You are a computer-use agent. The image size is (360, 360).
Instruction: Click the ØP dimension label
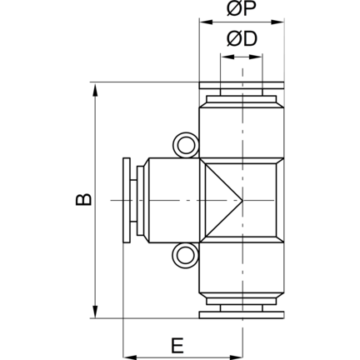point(241,9)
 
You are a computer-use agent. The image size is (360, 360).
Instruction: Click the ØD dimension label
point(242,39)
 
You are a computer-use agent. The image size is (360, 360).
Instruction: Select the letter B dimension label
point(83,199)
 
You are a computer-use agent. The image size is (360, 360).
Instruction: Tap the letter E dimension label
point(177,346)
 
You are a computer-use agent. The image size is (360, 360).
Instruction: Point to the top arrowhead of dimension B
point(95,90)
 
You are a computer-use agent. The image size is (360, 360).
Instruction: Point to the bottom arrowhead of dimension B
point(95,311)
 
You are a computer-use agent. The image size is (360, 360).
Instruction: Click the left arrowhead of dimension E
point(131,357)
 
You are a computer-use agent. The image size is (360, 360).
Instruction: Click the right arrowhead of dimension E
point(235,357)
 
